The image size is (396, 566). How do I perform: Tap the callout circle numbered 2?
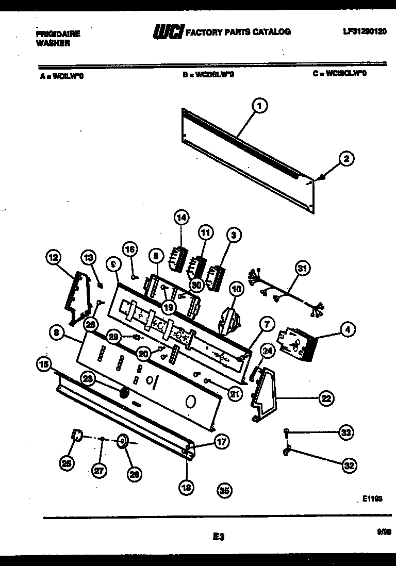346,159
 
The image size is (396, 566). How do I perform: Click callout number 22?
326,397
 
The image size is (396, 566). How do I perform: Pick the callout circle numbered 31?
303,268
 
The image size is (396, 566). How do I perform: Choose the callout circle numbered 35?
224,491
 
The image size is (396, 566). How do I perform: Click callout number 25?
67,464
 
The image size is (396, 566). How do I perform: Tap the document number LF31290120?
365,31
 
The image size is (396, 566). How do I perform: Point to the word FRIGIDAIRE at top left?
58,34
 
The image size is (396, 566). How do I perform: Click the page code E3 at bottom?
219,537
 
